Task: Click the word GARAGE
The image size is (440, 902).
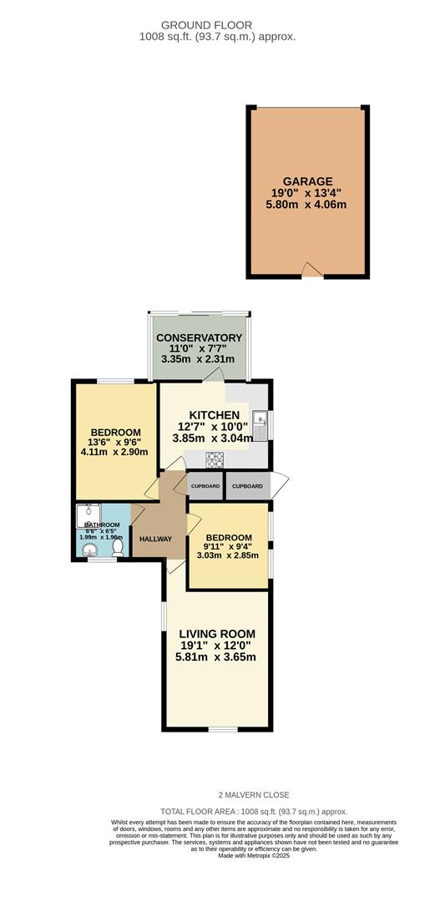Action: pyautogui.click(x=307, y=181)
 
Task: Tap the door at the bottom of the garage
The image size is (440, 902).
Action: pyautogui.click(x=313, y=270)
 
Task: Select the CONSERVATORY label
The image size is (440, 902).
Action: pyautogui.click(x=199, y=337)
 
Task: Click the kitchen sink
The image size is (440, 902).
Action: pyautogui.click(x=260, y=425)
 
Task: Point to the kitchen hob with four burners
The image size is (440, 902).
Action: pyautogui.click(x=215, y=459)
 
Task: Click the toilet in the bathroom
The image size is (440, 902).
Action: pyautogui.click(x=118, y=546)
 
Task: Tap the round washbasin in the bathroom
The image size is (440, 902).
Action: pyautogui.click(x=89, y=551)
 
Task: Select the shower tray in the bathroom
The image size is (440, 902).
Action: pyautogui.click(x=89, y=515)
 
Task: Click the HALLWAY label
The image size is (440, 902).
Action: pyautogui.click(x=156, y=539)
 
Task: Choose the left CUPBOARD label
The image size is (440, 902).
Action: pyautogui.click(x=205, y=486)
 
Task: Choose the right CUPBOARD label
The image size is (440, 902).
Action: pyautogui.click(x=247, y=486)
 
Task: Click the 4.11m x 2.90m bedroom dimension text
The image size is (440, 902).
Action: pyautogui.click(x=115, y=452)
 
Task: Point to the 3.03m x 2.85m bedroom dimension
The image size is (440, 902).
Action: pyautogui.click(x=226, y=555)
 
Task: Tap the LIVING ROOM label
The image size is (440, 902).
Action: pyautogui.click(x=215, y=635)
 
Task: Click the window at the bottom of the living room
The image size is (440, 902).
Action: pyautogui.click(x=223, y=729)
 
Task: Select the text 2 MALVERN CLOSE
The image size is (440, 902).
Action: pyautogui.click(x=254, y=795)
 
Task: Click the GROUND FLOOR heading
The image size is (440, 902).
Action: pyautogui.click(x=206, y=25)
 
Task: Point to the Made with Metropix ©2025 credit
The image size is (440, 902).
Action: pyautogui.click(x=254, y=855)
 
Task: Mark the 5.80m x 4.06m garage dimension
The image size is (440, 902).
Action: pyautogui.click(x=307, y=205)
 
